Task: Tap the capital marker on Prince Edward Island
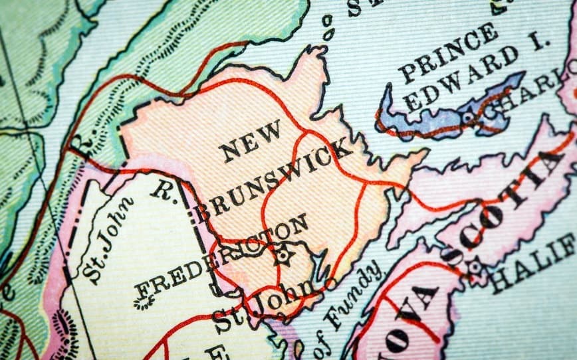pos(469,118)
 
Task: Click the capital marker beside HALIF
pos(475,268)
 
